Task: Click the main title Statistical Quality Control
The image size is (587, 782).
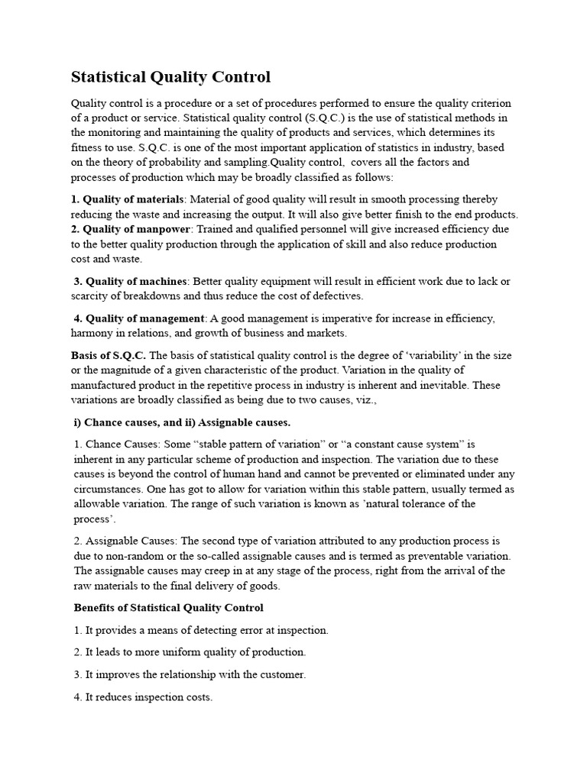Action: (x=170, y=77)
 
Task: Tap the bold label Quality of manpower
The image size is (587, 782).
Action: (x=135, y=229)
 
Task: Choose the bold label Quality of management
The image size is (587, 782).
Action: (x=145, y=318)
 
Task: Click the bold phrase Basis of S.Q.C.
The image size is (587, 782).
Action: (x=109, y=356)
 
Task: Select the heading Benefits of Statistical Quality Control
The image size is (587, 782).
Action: (x=168, y=608)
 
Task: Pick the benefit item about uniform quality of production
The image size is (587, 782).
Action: (x=190, y=652)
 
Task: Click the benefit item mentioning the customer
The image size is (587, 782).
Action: (x=190, y=675)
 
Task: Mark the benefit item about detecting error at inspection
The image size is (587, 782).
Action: (x=201, y=630)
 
